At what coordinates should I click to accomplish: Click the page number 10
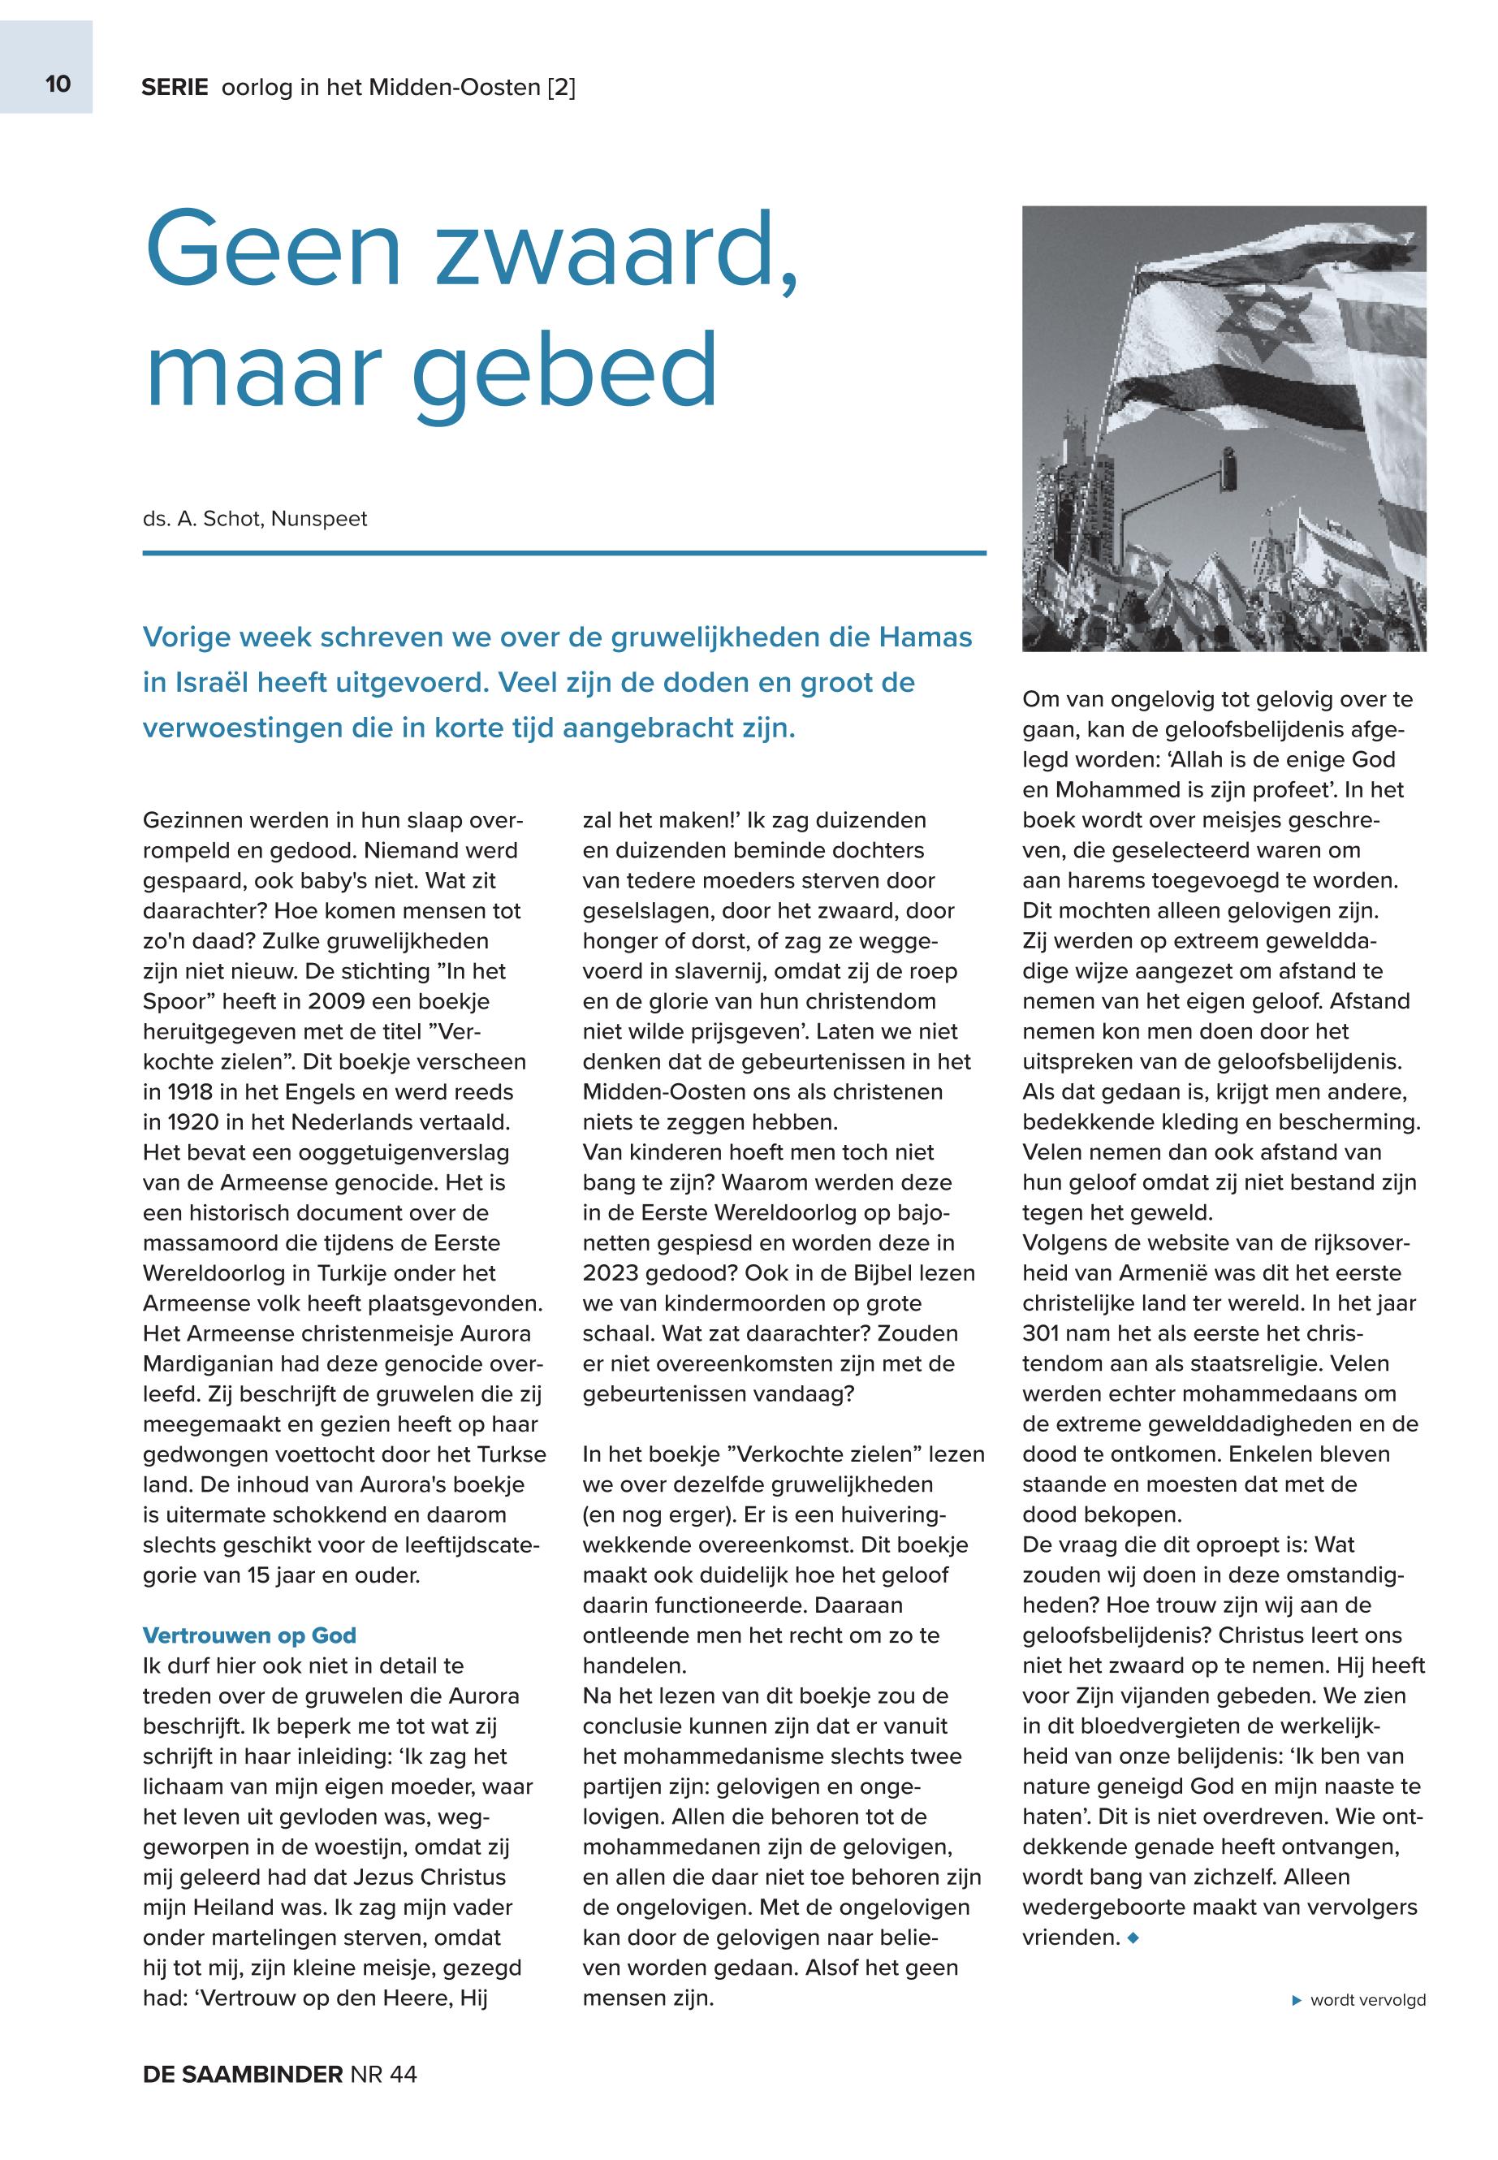[x=58, y=84]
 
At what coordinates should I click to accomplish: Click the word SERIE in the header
[x=175, y=89]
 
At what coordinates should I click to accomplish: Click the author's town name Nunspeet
[x=319, y=519]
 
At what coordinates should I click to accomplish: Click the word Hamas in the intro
[x=925, y=637]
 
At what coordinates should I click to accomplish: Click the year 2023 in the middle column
[x=615, y=1274]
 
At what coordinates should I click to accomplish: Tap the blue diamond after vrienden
[x=1133, y=1938]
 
